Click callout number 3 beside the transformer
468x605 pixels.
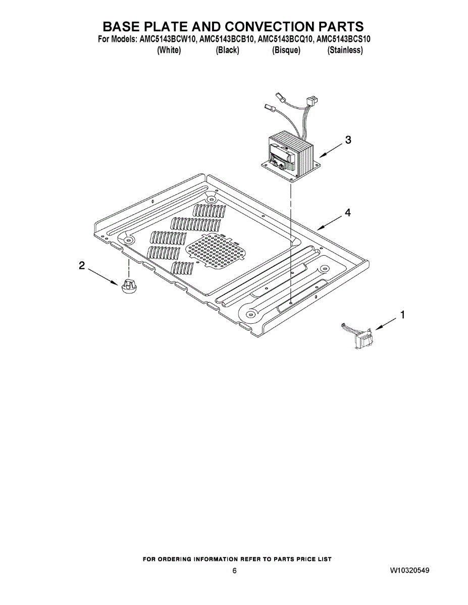[348, 140]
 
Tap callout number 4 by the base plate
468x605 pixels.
[347, 213]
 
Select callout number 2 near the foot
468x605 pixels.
[82, 265]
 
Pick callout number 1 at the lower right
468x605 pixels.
[402, 315]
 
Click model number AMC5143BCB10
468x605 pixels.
[226, 39]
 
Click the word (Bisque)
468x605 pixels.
[286, 50]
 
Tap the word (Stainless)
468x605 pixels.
[345, 50]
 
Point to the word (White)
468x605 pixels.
[169, 50]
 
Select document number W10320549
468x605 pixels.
[409, 571]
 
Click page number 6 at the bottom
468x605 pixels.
[234, 571]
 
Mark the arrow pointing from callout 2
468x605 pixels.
[103, 277]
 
